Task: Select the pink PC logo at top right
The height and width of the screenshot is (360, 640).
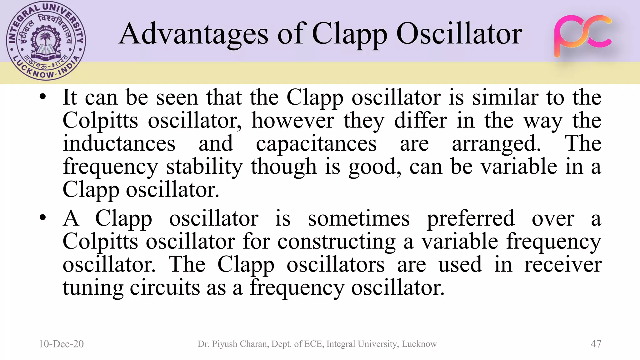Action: pyautogui.click(x=582, y=36)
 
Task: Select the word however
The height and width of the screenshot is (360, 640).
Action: pyautogui.click(x=293, y=120)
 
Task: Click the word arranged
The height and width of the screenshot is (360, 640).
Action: pyautogui.click(x=496, y=144)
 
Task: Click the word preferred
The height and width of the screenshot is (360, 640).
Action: pyautogui.click(x=471, y=219)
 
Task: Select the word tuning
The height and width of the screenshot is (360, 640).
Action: pyautogui.click(x=93, y=288)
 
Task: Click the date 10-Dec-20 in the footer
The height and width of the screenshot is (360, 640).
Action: pyautogui.click(x=61, y=344)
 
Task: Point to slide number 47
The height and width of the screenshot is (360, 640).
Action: pyautogui.click(x=596, y=344)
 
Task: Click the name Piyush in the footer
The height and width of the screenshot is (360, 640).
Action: pyautogui.click(x=224, y=344)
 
